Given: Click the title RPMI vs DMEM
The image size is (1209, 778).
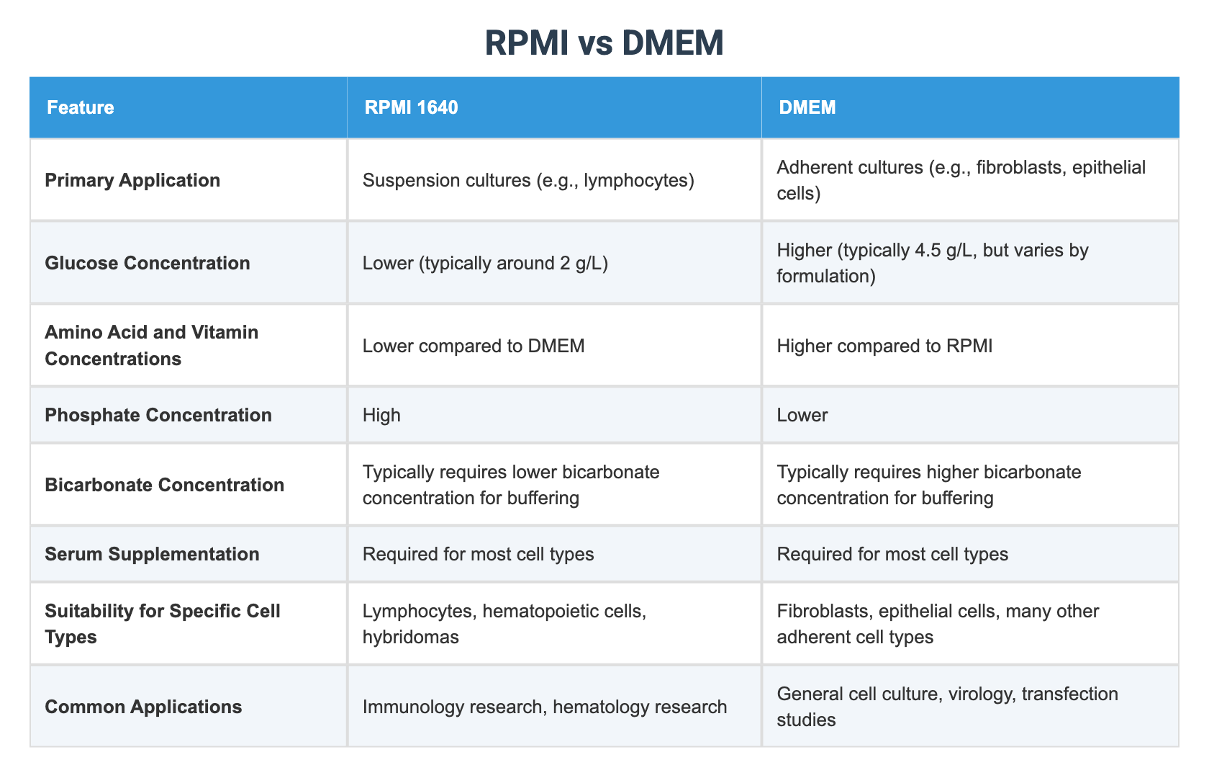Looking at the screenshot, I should tap(604, 43).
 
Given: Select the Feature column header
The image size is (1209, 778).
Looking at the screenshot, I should tap(81, 107).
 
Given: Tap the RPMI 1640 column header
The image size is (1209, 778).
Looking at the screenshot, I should tap(411, 107).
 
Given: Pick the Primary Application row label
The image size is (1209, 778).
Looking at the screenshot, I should tap(132, 180).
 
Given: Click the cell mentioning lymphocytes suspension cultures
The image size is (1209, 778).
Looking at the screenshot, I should tap(528, 180).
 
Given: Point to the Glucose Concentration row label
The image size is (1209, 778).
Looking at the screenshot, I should tap(148, 263).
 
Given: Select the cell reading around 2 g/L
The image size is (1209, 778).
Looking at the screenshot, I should tap(486, 263).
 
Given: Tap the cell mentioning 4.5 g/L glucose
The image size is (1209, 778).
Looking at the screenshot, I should tap(933, 263).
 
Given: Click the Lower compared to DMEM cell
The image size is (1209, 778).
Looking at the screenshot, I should tap(474, 346).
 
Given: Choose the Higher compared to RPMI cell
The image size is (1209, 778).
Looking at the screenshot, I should tap(884, 346).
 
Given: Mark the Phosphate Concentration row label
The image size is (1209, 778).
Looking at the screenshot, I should tap(158, 415).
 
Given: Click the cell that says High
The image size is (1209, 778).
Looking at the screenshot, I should tap(381, 415).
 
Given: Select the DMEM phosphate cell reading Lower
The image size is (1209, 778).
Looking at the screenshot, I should tap(802, 415).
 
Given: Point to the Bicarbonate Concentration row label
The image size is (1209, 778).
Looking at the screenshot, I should tap(164, 485).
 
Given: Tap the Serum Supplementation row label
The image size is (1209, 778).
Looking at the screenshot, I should tap(152, 554).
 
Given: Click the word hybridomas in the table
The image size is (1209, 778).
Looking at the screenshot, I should tap(411, 638).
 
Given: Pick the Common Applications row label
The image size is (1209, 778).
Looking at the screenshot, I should tap(143, 707).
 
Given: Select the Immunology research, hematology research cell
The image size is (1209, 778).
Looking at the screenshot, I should tap(545, 707).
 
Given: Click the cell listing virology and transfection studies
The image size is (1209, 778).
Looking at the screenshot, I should tap(947, 707).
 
